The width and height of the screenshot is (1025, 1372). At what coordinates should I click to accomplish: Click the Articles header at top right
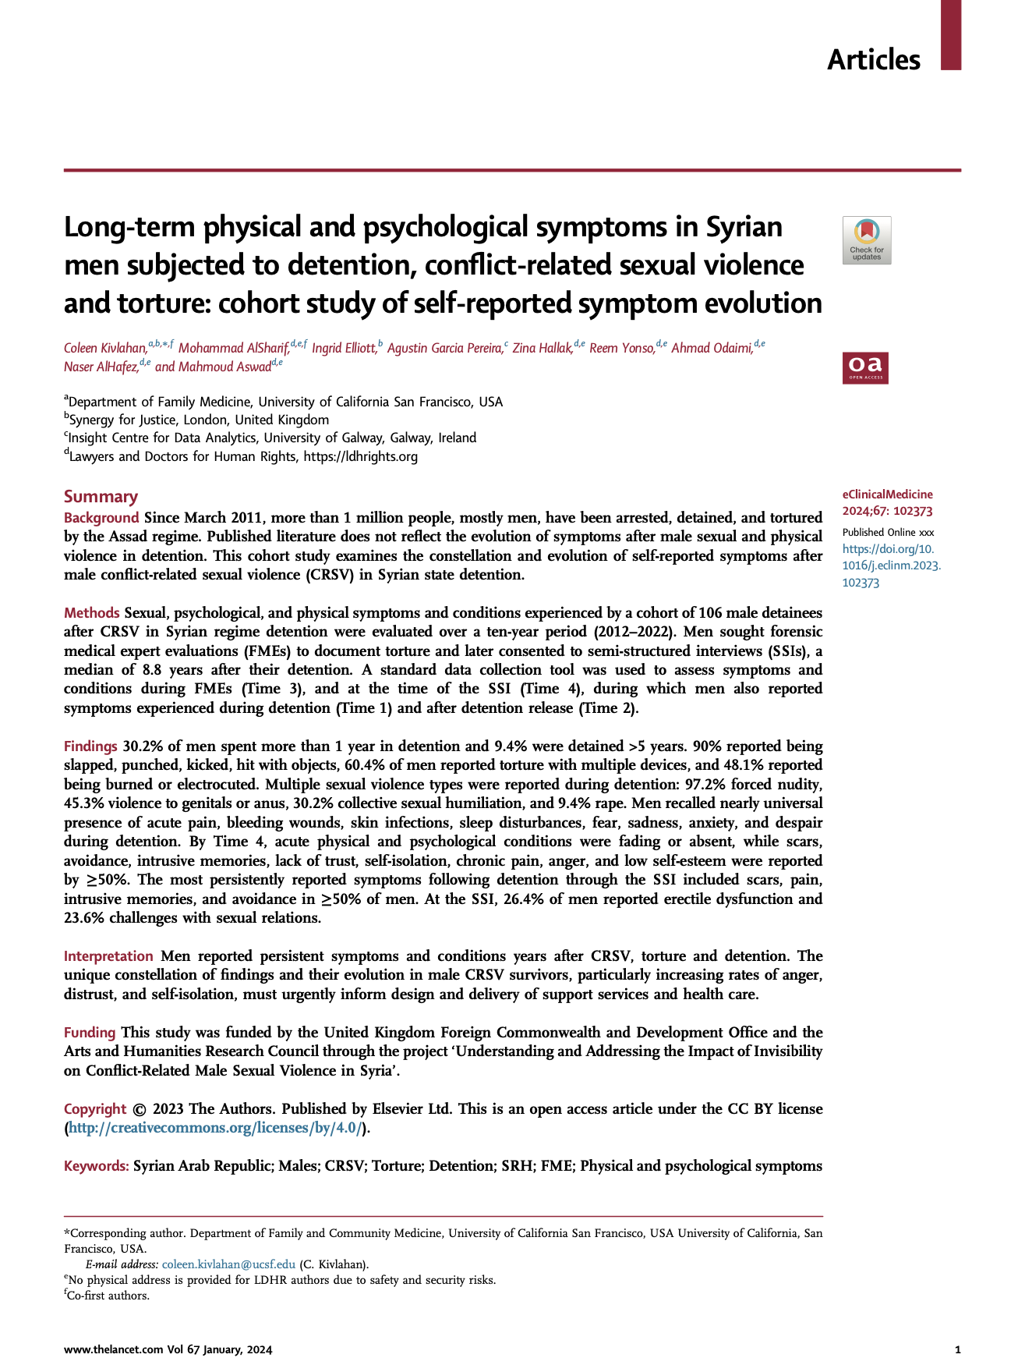coord(873,60)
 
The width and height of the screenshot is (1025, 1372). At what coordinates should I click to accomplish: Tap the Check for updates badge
coord(866,240)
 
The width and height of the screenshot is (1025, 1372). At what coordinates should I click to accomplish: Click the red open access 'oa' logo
coord(865,368)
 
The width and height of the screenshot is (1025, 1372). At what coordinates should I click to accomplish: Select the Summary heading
coord(101,497)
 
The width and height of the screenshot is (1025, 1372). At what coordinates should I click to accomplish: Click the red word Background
coord(101,518)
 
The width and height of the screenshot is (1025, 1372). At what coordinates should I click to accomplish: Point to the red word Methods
coord(92,613)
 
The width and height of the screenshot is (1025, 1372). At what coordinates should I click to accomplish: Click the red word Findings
coord(90,746)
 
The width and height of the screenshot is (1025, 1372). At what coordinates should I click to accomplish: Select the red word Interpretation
coord(108,956)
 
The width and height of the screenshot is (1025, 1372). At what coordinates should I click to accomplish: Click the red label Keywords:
coord(97,1166)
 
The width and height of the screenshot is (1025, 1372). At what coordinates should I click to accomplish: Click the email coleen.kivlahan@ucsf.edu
coord(228,1264)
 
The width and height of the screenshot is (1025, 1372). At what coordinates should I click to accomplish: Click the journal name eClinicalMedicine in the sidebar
coord(887,495)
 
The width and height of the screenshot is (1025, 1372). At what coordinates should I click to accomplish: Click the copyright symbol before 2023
coord(140,1109)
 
